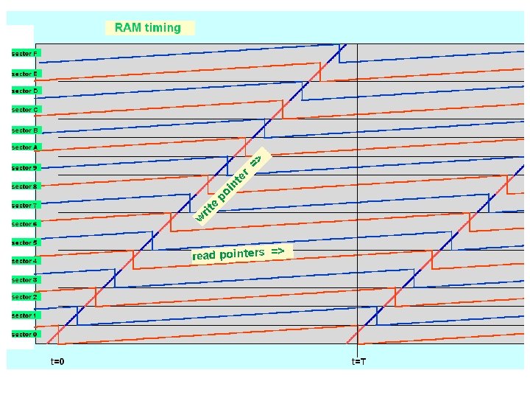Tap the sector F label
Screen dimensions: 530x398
pyautogui.click(x=24, y=54)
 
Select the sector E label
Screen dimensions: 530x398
pyautogui.click(x=24, y=74)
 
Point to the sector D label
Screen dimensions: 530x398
pyautogui.click(x=24, y=91)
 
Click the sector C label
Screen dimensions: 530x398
pyautogui.click(x=24, y=109)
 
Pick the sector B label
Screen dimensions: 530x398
pyautogui.click(x=24, y=130)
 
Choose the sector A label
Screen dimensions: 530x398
pyautogui.click(x=24, y=147)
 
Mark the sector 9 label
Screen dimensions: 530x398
pyautogui.click(x=24, y=167)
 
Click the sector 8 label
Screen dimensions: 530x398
pyautogui.click(x=24, y=186)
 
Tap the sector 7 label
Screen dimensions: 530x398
pyautogui.click(x=24, y=205)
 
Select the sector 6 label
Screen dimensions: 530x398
pyautogui.click(x=24, y=223)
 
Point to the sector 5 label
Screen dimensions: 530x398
pyautogui.click(x=24, y=242)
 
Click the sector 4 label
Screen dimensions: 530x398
pyautogui.click(x=24, y=260)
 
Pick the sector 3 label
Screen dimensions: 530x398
pyautogui.click(x=24, y=279)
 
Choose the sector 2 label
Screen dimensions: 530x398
pyautogui.click(x=24, y=296)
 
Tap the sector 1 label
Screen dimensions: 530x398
pyautogui.click(x=24, y=315)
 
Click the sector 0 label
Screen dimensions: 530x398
pyautogui.click(x=24, y=334)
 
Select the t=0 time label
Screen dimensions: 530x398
pyautogui.click(x=57, y=361)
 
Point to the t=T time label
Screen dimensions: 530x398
pyautogui.click(x=358, y=361)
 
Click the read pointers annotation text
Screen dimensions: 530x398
pyautogui.click(x=238, y=254)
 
